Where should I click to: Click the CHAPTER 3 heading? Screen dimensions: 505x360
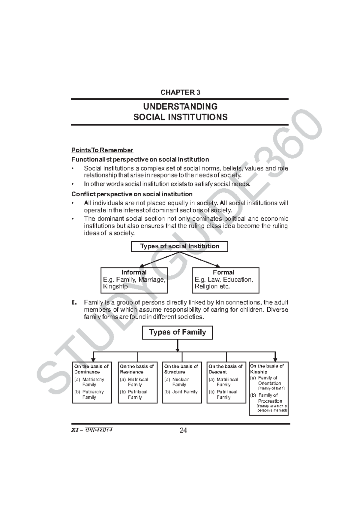(180, 92)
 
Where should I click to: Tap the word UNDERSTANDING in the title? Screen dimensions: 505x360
(180, 107)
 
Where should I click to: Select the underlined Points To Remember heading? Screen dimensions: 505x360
(102, 150)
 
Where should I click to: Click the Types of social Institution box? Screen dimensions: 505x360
(179, 246)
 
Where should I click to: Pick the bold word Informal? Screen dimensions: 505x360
(134, 272)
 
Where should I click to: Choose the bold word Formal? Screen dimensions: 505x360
(223, 272)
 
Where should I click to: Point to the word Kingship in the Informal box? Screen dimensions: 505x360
(115, 286)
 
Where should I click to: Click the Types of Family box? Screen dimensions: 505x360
(177, 332)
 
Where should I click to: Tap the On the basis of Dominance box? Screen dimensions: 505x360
(92, 382)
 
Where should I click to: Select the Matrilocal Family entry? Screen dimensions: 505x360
(137, 382)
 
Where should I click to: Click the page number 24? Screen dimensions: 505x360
(183, 431)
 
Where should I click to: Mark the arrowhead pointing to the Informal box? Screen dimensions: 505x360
(142, 266)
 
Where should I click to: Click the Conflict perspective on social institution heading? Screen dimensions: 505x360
(132, 194)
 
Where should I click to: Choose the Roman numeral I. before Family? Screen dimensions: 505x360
(74, 302)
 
